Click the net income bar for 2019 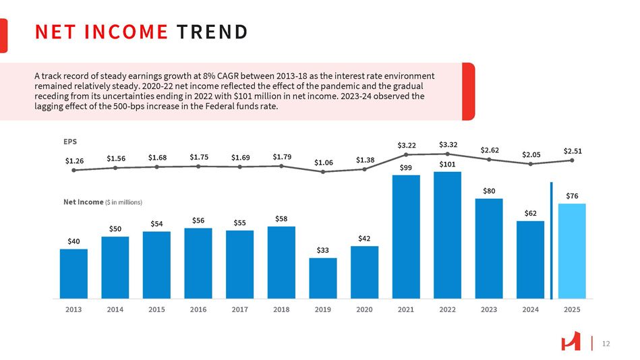tap(323, 278)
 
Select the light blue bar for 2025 tap(572, 251)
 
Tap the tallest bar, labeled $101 tap(448, 235)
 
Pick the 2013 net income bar tap(74, 273)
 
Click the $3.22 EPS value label tap(406, 145)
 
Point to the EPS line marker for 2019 tap(324, 172)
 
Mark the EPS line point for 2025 tap(572, 160)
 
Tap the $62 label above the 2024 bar tap(531, 213)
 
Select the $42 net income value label tap(365, 238)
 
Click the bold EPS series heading tap(70, 142)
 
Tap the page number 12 tap(605, 344)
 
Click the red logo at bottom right tap(571, 343)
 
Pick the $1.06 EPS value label tap(324, 162)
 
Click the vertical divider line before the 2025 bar tap(551, 240)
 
